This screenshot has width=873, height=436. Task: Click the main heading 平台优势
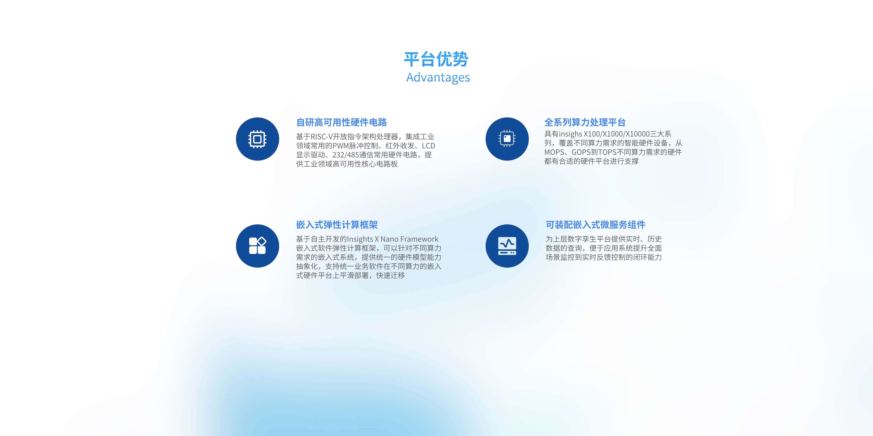pos(436,59)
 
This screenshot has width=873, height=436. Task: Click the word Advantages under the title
pos(438,78)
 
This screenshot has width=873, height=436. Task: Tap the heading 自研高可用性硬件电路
pos(341,122)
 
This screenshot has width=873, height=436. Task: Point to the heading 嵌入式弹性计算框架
pos(337,225)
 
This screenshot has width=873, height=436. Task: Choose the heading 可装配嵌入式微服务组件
pos(595,225)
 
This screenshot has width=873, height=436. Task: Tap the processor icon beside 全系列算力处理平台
pos(507,138)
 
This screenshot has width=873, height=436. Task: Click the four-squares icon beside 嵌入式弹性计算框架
pos(258,246)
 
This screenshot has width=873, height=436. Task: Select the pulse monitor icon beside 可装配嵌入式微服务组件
pos(507,246)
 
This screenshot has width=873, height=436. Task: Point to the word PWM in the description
pos(341,146)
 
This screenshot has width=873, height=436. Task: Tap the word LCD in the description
pos(428,146)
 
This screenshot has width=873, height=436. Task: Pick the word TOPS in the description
pos(607,152)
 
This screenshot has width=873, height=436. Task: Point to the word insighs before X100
pos(570,134)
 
